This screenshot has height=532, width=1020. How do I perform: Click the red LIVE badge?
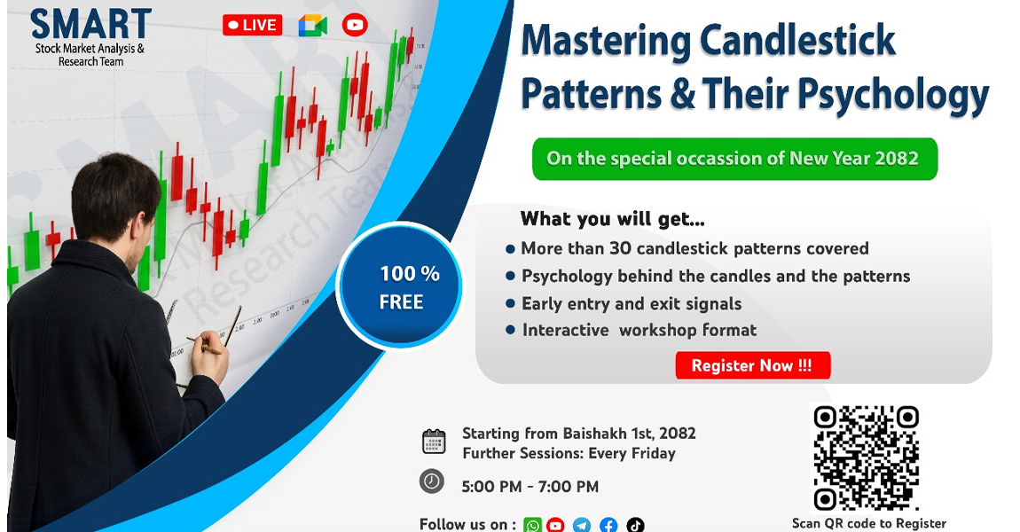tap(253, 26)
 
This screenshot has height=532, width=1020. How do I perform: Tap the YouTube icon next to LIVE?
tap(355, 26)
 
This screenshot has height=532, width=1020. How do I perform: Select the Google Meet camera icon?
tap(313, 26)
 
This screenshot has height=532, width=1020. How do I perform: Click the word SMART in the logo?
tap(90, 24)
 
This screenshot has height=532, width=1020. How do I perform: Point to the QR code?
tap(866, 458)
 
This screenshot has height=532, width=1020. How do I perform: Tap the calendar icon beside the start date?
tap(434, 441)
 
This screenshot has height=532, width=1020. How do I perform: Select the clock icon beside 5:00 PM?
tap(431, 481)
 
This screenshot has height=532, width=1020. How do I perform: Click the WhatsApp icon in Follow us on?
tap(532, 525)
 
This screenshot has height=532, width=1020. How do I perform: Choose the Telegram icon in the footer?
tap(582, 525)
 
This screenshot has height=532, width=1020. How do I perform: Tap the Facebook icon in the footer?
tap(608, 525)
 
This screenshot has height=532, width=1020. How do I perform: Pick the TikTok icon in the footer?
tap(635, 525)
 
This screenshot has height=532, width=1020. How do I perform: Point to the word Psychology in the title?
tap(893, 95)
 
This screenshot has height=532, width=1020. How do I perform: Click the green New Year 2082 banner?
tap(734, 159)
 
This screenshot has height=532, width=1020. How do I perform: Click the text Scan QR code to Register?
tap(869, 523)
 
